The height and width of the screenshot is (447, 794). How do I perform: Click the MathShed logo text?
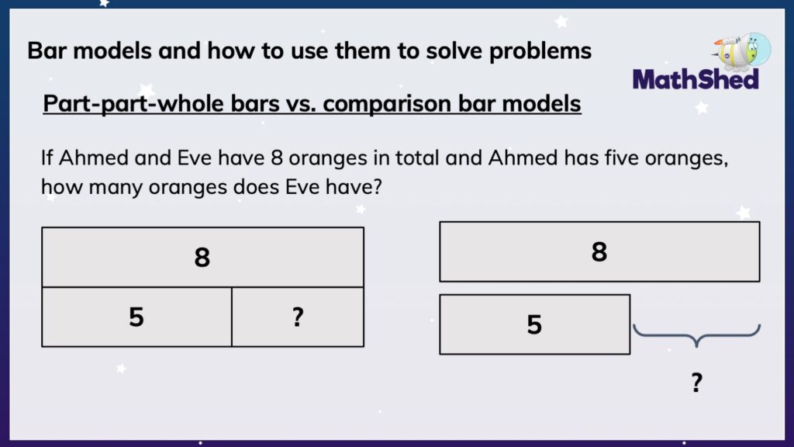pyautogui.click(x=696, y=78)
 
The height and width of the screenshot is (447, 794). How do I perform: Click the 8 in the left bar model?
pyautogui.click(x=202, y=258)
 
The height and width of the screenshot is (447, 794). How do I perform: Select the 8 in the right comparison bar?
pyautogui.click(x=599, y=251)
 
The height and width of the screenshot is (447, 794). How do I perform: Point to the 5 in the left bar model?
pyautogui.click(x=136, y=317)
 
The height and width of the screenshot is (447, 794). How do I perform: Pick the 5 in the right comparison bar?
pyautogui.click(x=534, y=324)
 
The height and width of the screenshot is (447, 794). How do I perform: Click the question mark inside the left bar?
pyautogui.click(x=298, y=317)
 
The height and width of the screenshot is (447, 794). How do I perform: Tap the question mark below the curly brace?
pyautogui.click(x=696, y=382)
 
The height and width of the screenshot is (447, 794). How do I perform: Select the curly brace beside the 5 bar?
pyautogui.click(x=696, y=334)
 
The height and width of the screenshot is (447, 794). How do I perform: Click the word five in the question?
pyautogui.click(x=630, y=158)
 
